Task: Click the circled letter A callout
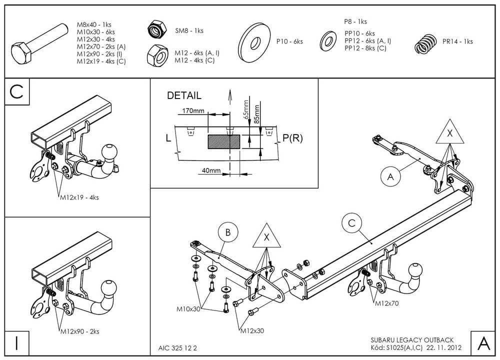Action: click(390, 175)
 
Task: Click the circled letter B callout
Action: click(228, 232)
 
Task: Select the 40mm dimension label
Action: click(212, 170)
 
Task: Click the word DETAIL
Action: click(184, 95)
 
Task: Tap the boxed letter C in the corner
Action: click(16, 92)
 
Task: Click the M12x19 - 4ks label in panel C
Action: click(79, 197)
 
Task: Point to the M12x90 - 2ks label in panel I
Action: click(79, 330)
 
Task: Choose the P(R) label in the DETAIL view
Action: click(292, 138)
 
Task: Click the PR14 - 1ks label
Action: click(457, 41)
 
